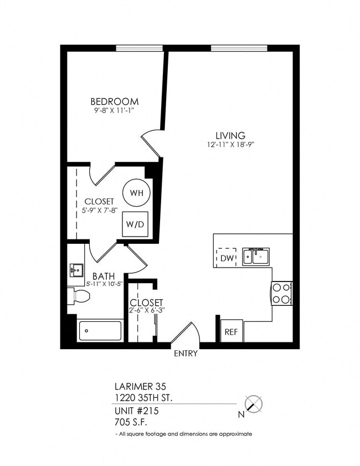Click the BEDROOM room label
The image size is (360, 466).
114,102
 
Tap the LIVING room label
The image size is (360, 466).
230,136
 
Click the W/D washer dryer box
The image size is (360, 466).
136,224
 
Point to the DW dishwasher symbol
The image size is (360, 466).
227,257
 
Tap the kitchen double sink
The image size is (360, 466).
256,256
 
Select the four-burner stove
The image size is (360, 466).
282,293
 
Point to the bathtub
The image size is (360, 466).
100,331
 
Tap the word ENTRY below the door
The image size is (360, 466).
186,354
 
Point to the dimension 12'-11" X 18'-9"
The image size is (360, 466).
230,145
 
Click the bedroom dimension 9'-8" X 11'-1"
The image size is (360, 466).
114,111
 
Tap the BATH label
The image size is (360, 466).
104,276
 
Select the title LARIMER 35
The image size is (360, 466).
140,386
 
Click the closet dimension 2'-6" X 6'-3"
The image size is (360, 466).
146,311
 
